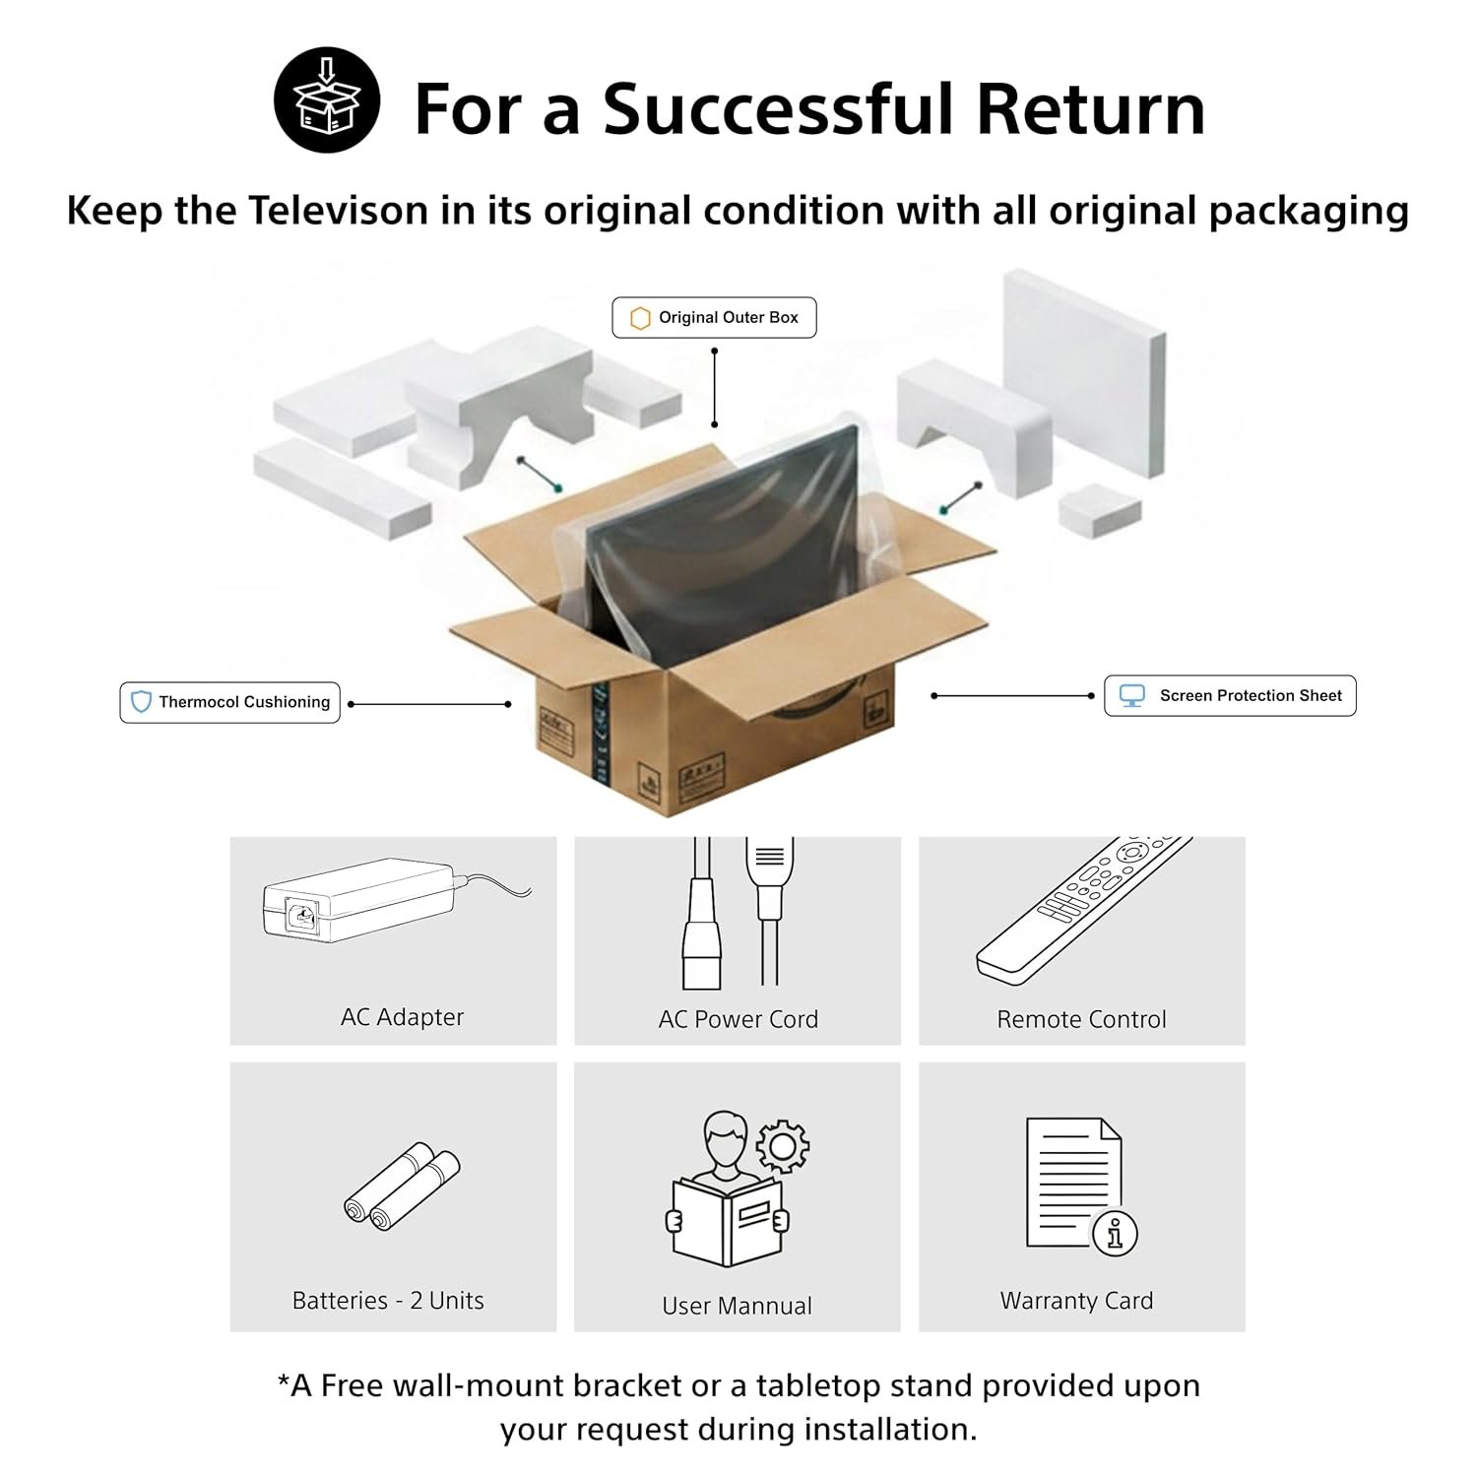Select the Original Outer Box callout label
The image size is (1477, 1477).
tap(714, 318)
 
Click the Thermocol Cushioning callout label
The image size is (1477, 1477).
tap(229, 702)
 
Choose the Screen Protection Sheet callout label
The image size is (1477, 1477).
tap(1230, 695)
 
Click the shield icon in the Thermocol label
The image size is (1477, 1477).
tap(141, 702)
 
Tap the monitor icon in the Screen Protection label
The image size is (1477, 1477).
tap(1132, 695)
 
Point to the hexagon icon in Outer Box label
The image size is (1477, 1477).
tap(640, 318)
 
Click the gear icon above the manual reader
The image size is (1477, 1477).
tap(783, 1145)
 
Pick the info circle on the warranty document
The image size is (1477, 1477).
tap(1115, 1232)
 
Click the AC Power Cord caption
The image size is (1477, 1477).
tap(738, 1019)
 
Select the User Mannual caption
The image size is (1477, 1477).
tap(738, 1306)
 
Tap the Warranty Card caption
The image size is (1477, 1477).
tap(1076, 1301)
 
